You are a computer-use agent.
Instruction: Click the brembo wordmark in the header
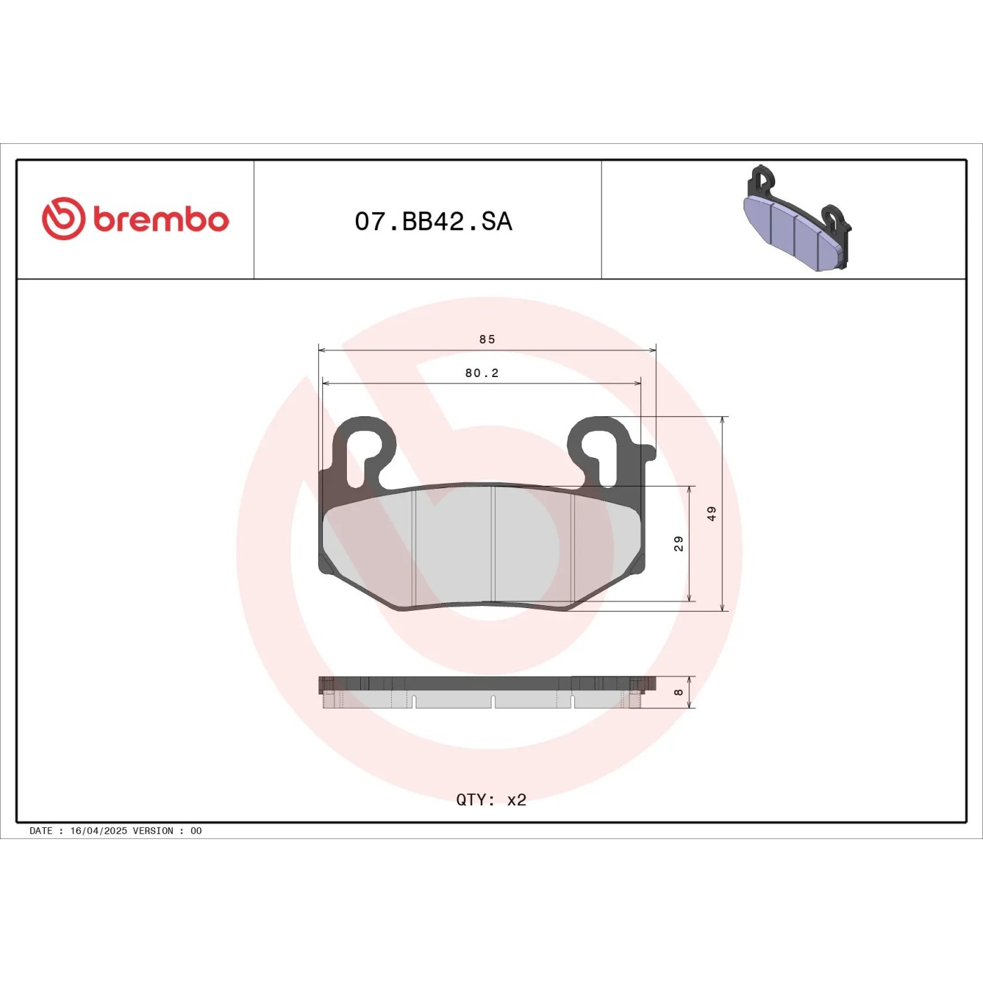(x=161, y=220)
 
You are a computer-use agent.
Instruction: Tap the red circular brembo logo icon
(x=63, y=218)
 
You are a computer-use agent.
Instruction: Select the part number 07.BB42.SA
(x=434, y=222)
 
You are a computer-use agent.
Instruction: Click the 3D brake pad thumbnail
(x=798, y=218)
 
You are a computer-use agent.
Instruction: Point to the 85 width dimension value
(x=487, y=339)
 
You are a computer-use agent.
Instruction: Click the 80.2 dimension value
(x=482, y=373)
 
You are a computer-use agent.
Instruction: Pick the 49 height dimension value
(x=711, y=513)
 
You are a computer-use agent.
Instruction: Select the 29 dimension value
(x=678, y=543)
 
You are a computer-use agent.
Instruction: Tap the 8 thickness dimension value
(x=678, y=692)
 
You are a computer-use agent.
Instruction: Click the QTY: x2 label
(x=491, y=799)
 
